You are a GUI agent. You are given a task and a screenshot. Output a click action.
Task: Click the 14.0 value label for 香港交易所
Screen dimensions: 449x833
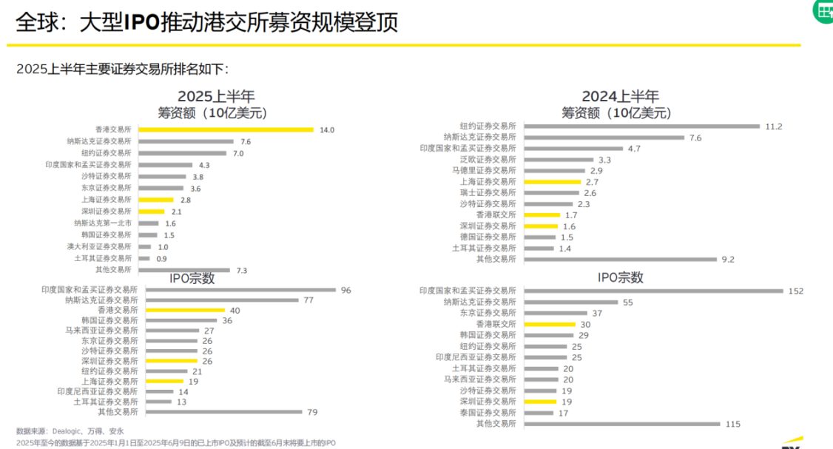click(x=327, y=129)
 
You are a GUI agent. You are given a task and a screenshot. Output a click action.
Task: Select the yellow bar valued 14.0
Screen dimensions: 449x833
click(x=226, y=129)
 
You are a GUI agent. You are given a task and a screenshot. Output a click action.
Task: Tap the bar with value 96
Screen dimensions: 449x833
click(x=240, y=290)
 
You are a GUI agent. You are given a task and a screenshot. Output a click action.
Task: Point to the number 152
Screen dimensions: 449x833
click(x=795, y=291)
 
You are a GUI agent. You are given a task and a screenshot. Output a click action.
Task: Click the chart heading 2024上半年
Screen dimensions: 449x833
click(x=620, y=96)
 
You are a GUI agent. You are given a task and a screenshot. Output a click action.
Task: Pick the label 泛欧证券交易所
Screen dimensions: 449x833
click(x=489, y=159)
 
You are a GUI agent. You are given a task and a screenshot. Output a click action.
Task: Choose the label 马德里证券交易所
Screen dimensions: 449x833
click(x=484, y=170)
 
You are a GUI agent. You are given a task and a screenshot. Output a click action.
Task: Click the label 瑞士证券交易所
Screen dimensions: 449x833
click(x=488, y=192)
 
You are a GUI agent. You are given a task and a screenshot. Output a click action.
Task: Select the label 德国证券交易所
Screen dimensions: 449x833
click(x=488, y=237)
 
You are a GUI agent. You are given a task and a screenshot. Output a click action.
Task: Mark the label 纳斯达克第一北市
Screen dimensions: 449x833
click(x=103, y=223)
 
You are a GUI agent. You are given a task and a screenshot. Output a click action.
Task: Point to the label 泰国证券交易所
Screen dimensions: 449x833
click(x=488, y=413)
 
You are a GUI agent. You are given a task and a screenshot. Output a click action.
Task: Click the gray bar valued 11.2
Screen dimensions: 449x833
click(x=641, y=126)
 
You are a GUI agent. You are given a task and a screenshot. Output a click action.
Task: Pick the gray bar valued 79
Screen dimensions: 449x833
click(x=223, y=411)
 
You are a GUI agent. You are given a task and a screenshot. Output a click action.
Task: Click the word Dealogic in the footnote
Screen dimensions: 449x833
click(x=67, y=431)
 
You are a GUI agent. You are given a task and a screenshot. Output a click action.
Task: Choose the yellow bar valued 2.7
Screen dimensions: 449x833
click(x=552, y=181)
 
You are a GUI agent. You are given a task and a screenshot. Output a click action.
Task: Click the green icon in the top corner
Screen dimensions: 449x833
click(x=823, y=10)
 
